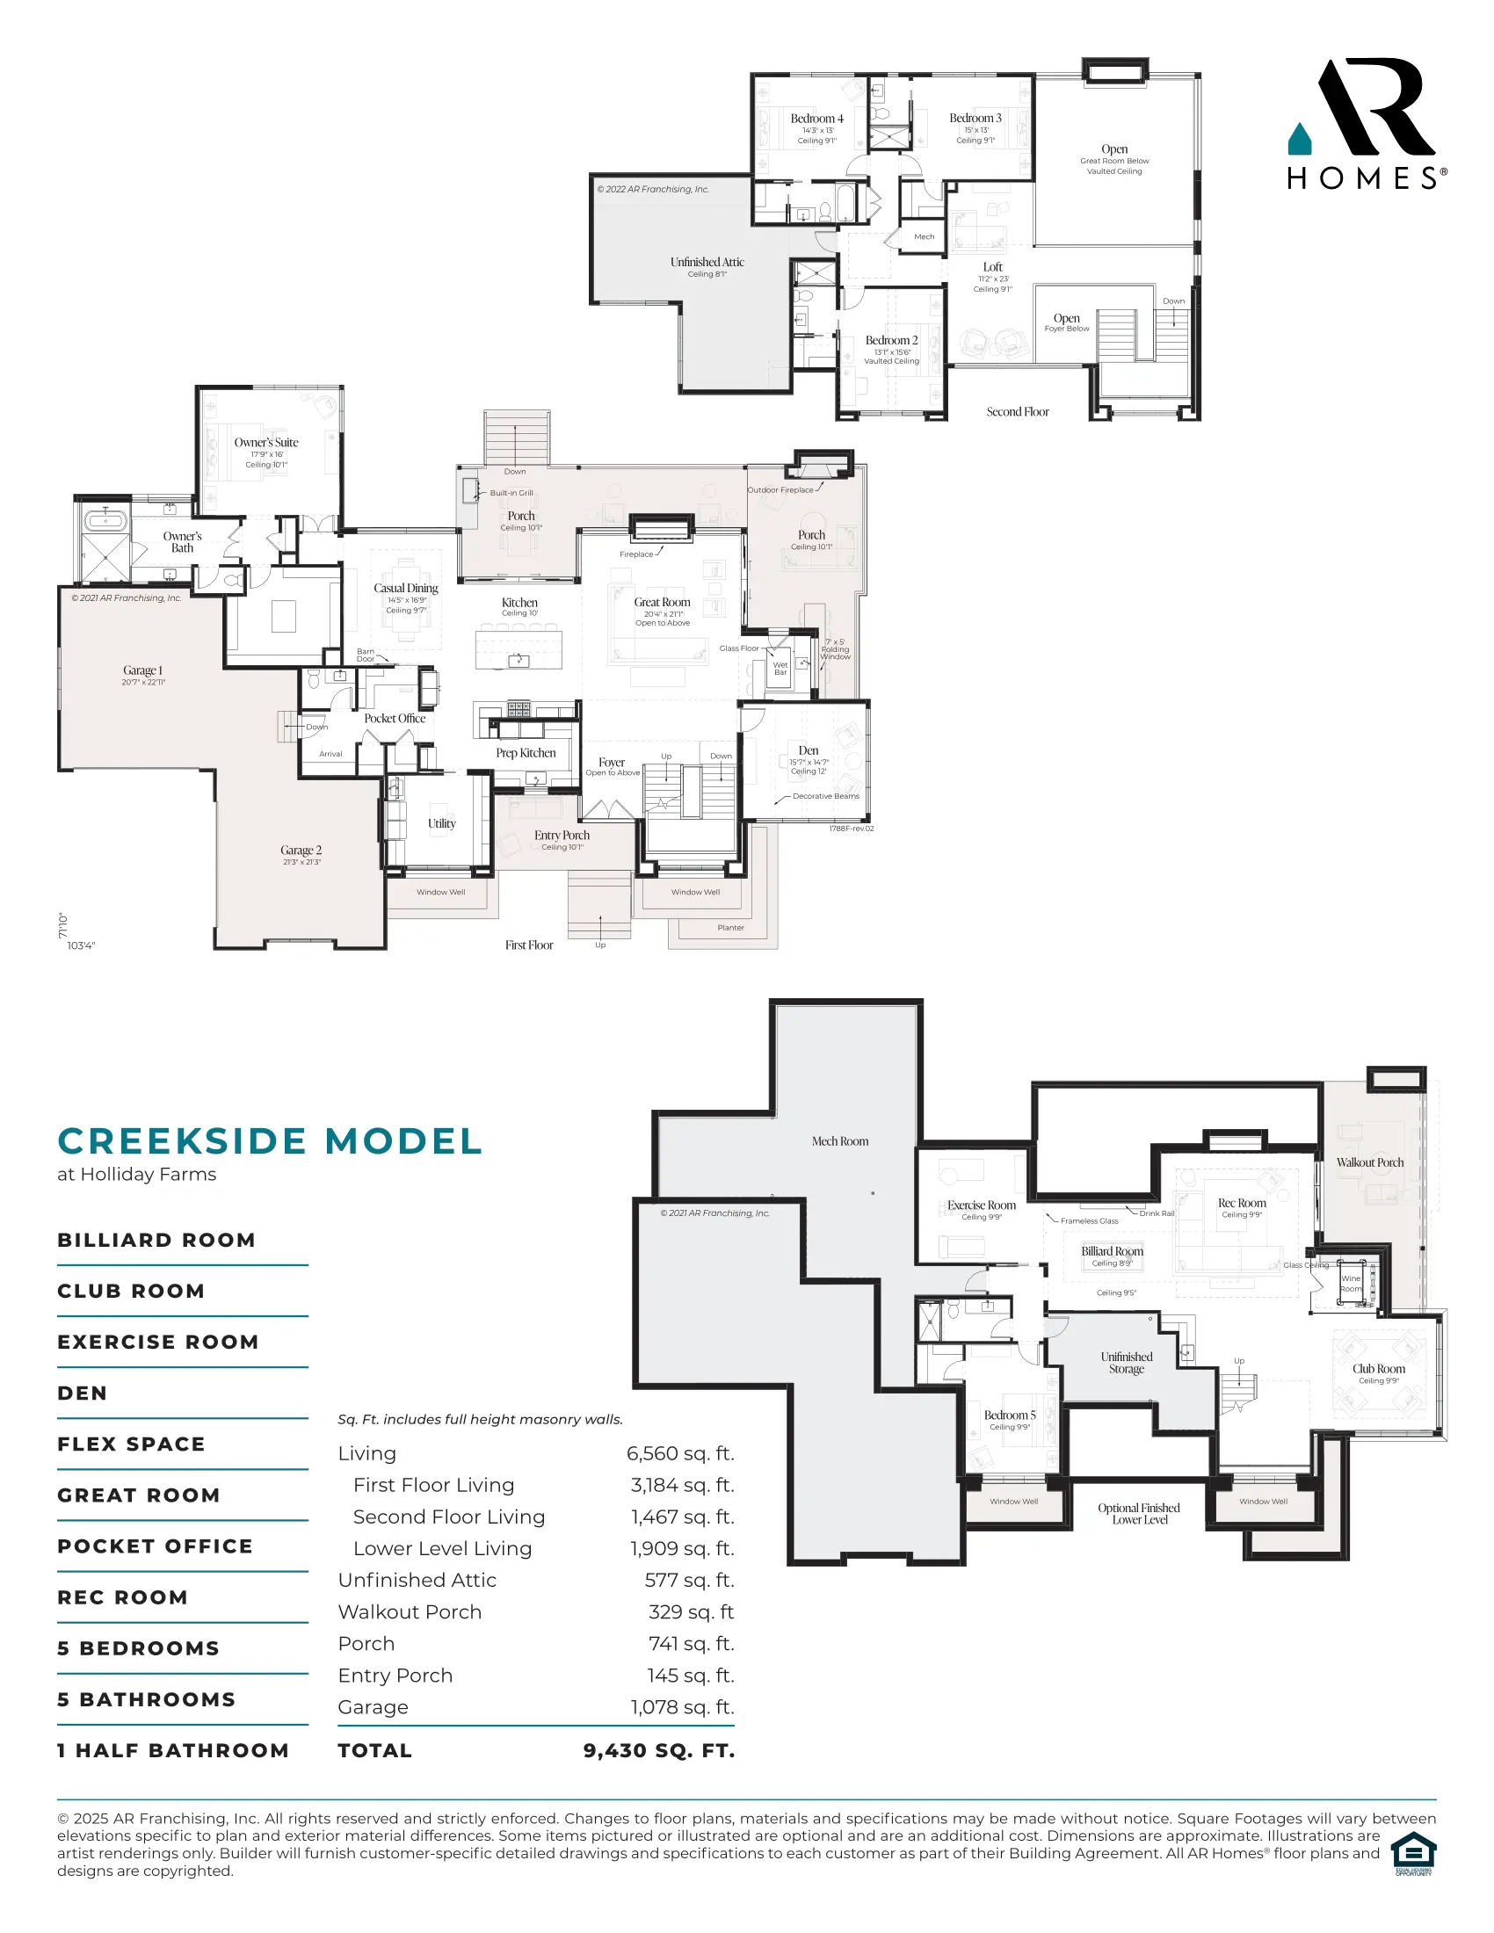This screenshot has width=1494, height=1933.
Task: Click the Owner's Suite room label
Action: (265, 443)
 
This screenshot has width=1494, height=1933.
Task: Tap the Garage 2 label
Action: (301, 850)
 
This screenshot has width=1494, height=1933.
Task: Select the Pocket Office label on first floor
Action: (395, 719)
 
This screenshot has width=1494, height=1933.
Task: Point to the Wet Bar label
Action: (780, 669)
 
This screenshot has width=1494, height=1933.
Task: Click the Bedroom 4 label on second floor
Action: (816, 119)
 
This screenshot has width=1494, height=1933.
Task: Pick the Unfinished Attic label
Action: (707, 262)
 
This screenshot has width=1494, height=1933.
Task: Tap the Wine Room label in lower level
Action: (1351, 1284)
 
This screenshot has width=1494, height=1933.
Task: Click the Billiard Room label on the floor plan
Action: (1112, 1251)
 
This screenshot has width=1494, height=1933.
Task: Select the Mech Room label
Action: (840, 1141)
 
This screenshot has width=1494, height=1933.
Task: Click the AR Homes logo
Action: (1366, 124)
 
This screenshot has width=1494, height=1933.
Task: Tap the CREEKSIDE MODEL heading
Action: (270, 1140)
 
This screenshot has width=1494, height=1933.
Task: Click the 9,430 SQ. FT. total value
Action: (658, 1750)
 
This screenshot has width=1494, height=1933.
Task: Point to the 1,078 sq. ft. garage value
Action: (681, 1707)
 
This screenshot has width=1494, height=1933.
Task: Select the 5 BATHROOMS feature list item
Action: (146, 1699)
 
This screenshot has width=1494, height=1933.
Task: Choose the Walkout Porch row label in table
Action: (409, 1611)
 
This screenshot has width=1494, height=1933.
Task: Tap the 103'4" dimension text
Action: (81, 945)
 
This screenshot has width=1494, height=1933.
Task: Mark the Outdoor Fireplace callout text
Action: (780, 489)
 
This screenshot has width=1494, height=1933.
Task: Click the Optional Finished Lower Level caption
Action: (1138, 1514)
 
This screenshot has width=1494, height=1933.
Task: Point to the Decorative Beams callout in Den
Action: (825, 796)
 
